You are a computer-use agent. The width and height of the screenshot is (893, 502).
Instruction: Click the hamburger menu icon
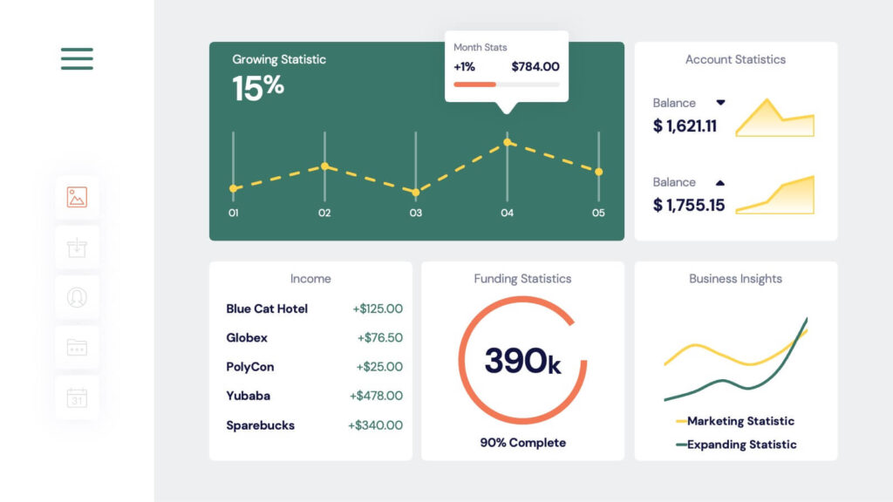(77, 58)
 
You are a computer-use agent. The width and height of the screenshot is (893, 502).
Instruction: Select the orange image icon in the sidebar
(77, 198)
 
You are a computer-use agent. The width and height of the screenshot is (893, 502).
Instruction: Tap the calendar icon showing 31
(77, 398)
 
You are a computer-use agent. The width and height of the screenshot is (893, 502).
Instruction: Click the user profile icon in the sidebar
(77, 298)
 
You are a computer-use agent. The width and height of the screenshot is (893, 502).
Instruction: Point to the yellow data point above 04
(508, 142)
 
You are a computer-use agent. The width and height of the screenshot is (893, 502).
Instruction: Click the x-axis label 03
(415, 214)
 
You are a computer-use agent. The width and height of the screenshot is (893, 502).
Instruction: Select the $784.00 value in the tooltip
(535, 66)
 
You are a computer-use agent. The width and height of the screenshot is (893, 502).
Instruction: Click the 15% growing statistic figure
(258, 87)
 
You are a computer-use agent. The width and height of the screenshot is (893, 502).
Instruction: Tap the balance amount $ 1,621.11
(685, 126)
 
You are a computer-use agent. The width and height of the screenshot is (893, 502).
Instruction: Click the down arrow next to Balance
(720, 103)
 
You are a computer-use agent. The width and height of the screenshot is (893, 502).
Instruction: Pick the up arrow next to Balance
(720, 183)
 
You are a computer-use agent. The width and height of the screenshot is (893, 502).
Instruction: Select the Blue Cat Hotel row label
(267, 309)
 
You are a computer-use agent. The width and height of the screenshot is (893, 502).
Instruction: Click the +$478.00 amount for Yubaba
(376, 396)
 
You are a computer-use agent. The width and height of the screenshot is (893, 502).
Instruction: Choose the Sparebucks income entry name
(260, 425)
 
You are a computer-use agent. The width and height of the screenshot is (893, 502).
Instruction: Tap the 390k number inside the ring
(522, 361)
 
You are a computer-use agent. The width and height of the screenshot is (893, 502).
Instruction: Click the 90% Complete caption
(522, 443)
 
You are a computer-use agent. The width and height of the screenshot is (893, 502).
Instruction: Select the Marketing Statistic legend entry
(740, 421)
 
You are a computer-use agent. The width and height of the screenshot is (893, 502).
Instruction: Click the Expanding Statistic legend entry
(740, 444)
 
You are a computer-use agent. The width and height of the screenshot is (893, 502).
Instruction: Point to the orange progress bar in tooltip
(475, 85)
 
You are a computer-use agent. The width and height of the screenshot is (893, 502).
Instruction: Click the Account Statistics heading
(735, 59)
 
